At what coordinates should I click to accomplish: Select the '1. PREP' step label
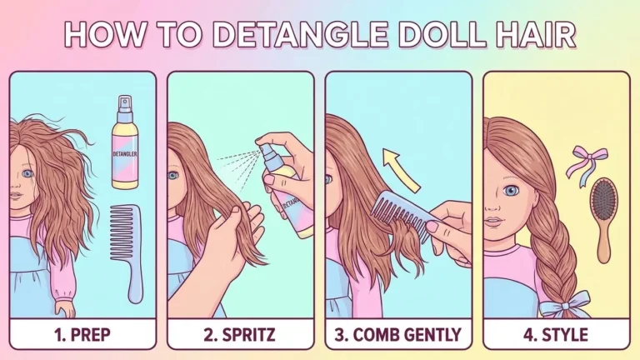coord(82,335)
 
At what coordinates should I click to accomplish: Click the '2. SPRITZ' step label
coord(240,335)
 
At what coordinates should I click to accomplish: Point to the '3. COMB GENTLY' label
coord(398,335)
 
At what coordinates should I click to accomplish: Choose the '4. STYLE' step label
coord(557,335)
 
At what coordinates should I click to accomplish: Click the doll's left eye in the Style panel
coord(511,190)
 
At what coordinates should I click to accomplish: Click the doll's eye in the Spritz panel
coord(173,177)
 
